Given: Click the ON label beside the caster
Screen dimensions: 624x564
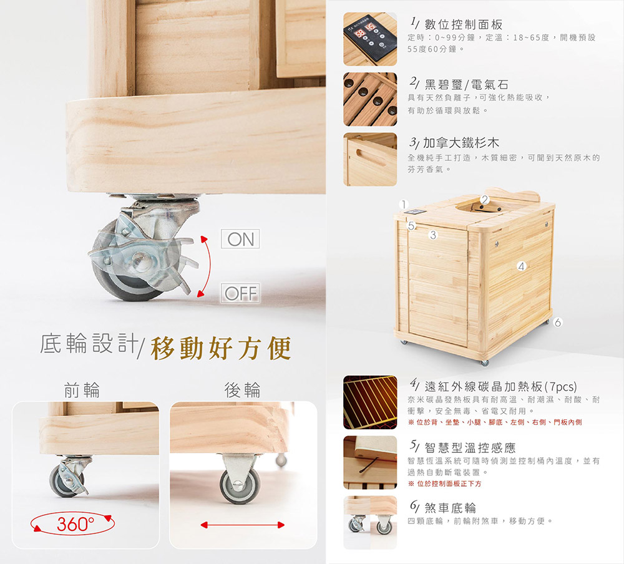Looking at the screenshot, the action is click(240, 239).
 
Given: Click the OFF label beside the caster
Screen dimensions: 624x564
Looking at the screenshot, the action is click(240, 293).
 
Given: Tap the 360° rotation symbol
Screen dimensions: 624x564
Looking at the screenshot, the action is click(73, 524).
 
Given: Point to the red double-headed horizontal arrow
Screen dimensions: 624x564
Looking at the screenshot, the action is click(242, 525).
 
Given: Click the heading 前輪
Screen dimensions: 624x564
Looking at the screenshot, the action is click(82, 390).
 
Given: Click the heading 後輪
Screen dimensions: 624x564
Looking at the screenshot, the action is click(242, 390).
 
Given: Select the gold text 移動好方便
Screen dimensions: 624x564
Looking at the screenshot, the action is click(222, 348).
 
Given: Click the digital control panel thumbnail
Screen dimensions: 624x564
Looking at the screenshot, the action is click(370, 39).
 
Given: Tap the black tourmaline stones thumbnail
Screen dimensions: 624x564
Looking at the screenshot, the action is click(370, 99).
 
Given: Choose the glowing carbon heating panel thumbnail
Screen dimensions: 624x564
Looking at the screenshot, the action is click(370, 402).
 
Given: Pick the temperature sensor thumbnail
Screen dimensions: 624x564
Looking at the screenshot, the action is click(370, 462).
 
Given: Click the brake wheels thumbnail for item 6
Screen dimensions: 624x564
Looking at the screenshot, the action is click(370, 523).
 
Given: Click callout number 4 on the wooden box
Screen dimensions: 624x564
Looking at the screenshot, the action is click(522, 266).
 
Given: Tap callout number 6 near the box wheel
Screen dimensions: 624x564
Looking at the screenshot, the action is click(558, 323).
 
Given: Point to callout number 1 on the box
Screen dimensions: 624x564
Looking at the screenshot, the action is click(404, 204).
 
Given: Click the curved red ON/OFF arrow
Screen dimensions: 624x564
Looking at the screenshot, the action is click(210, 266).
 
